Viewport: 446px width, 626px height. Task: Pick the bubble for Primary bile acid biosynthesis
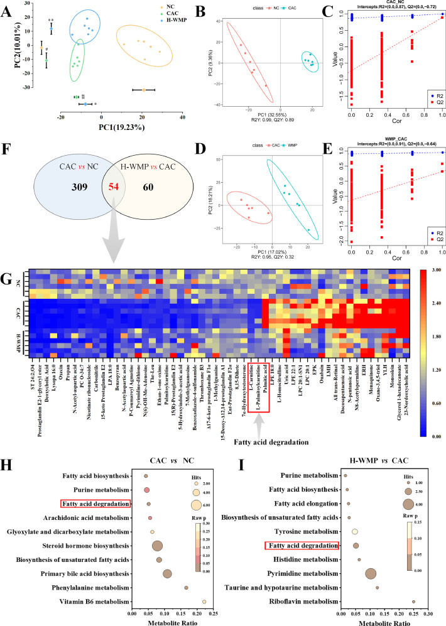click(x=167, y=556)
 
